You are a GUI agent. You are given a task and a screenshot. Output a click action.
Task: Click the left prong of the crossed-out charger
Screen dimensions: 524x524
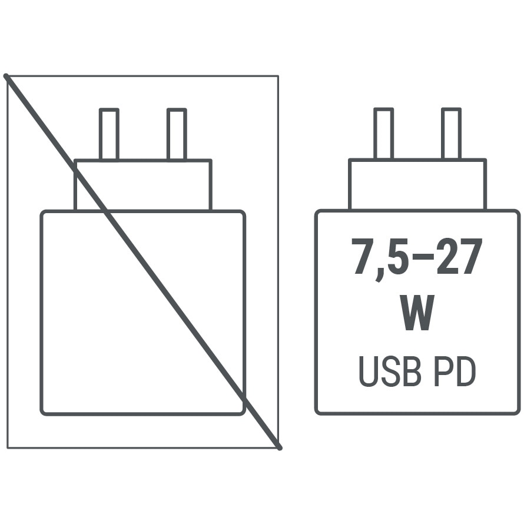tap(109, 134)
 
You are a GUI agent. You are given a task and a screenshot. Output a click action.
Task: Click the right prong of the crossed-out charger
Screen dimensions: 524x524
tap(177, 134)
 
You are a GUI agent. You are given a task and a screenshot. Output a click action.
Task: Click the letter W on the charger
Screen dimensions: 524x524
tap(417, 313)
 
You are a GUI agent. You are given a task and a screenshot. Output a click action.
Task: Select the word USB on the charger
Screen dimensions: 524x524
tap(389, 372)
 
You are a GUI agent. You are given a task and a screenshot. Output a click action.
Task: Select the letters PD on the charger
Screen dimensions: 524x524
tap(455, 372)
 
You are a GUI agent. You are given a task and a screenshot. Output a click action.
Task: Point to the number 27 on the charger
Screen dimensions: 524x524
tap(459, 256)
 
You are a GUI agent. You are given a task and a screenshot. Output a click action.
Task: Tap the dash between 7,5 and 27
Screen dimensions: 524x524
tap(423, 256)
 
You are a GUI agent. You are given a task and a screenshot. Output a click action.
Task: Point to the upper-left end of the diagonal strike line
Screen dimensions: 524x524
tap(5, 75)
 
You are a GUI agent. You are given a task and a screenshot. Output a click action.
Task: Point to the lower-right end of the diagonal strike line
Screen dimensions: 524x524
tap(280, 448)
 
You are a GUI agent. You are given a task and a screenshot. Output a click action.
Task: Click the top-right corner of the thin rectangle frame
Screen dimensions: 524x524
tap(278, 76)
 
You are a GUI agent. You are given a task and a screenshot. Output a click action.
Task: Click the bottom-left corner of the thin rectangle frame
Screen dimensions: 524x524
tap(8, 448)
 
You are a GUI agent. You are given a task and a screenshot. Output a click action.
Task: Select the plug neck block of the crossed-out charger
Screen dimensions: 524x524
tap(143, 185)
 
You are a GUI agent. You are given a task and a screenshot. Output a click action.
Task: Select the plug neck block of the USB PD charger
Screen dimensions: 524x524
tap(418, 184)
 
